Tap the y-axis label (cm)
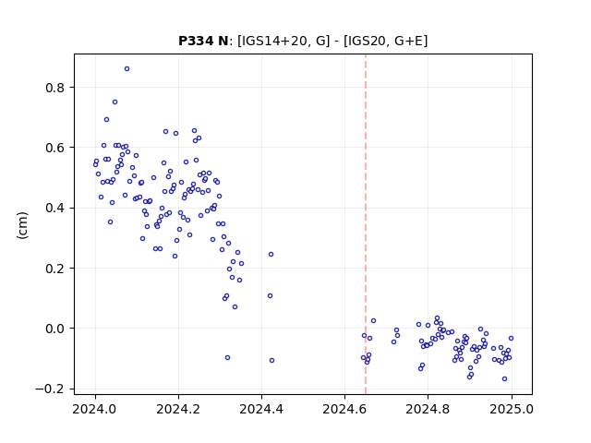22,225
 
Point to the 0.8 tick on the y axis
55,88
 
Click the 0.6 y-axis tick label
55,148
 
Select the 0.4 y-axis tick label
55,208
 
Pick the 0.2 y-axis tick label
55,269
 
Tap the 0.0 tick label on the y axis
55,329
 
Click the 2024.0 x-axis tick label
95,409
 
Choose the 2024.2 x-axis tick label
178,409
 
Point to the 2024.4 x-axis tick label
261,409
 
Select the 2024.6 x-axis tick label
344,409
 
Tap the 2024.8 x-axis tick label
428,409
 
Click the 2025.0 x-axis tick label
512,409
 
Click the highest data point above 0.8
127,69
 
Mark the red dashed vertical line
366,224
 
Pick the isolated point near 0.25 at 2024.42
271,255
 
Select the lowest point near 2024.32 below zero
228,357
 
